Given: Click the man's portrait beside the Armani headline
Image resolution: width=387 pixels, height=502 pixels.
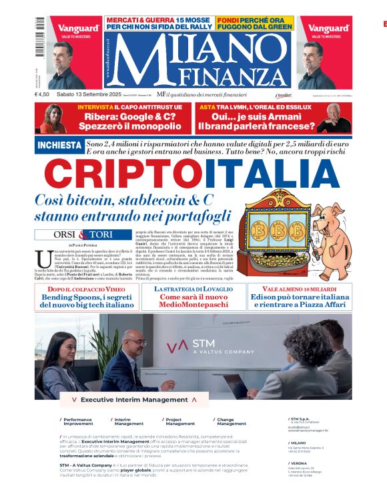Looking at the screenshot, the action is tap(334, 118).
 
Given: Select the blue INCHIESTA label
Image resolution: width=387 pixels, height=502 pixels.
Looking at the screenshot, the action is tap(58, 146).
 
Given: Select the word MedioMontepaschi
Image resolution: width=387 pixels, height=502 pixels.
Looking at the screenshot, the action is tap(193, 305).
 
